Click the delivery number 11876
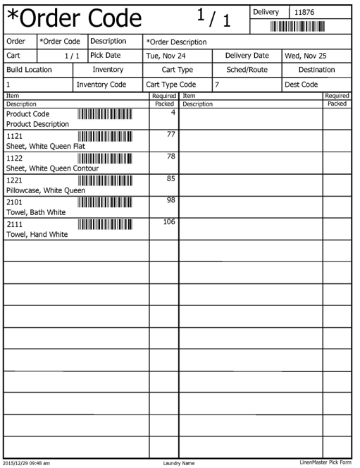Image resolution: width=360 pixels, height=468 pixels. pyautogui.click(x=304, y=12)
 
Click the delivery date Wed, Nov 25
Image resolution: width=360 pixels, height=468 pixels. pyautogui.click(x=305, y=55)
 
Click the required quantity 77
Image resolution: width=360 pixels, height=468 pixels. pyautogui.click(x=170, y=135)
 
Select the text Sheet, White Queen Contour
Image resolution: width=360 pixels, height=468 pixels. pyautogui.click(x=53, y=168)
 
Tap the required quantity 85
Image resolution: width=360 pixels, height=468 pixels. pyautogui.click(x=170, y=179)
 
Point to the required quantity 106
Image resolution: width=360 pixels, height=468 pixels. pyautogui.click(x=168, y=223)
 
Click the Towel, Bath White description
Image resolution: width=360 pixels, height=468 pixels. pyautogui.click(x=36, y=212)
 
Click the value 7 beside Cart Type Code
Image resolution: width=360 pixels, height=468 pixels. pyautogui.click(x=218, y=85)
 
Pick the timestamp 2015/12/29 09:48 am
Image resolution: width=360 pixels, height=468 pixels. pyautogui.click(x=26, y=463)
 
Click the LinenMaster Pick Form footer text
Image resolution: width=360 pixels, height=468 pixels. pyautogui.click(x=325, y=462)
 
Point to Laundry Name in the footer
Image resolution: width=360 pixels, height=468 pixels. pyautogui.click(x=178, y=463)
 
